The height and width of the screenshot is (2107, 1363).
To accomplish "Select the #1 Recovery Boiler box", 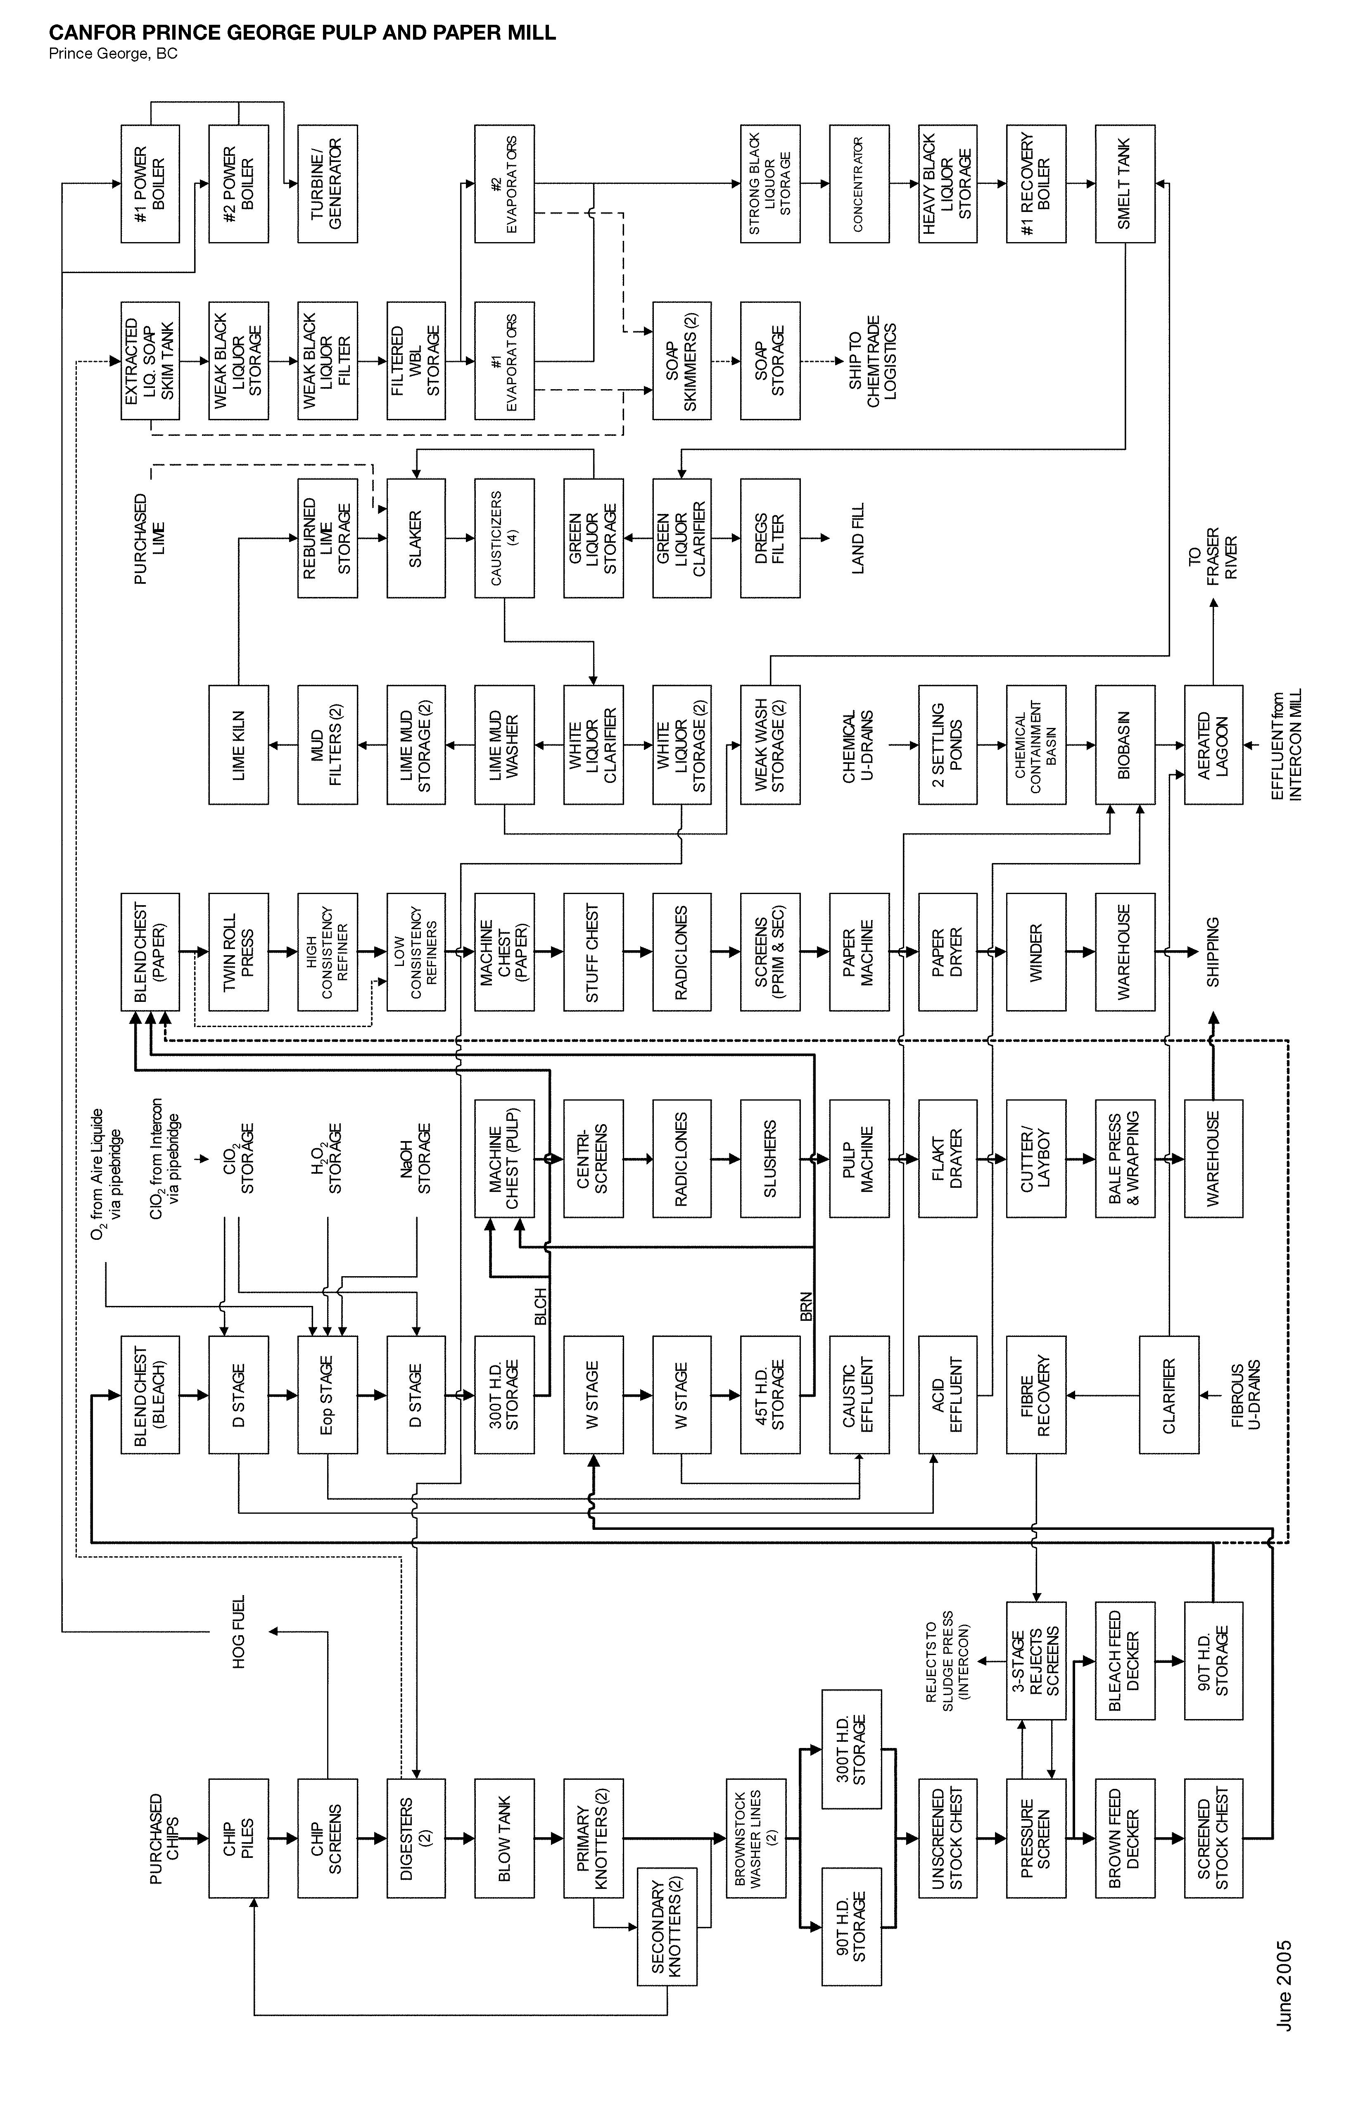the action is pos(1035,184).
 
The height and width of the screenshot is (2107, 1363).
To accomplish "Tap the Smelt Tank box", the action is pos(1125,184).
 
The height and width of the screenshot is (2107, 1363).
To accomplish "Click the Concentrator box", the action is pos(859,184).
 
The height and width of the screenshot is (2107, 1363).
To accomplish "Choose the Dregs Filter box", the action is pos(770,538).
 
